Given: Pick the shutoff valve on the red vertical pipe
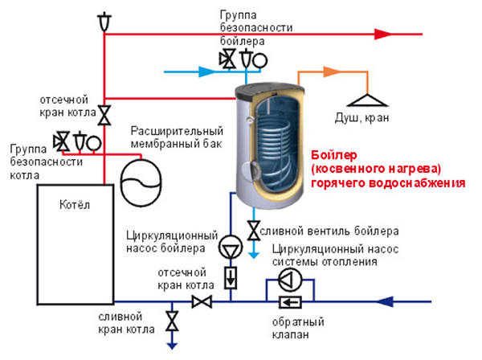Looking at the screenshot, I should [104, 114].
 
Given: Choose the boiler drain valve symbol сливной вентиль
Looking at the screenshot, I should [254, 231].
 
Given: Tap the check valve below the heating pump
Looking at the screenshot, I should [287, 301].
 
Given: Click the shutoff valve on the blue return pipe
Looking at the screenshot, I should [201, 301].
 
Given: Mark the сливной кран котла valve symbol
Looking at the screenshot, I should [172, 322].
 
